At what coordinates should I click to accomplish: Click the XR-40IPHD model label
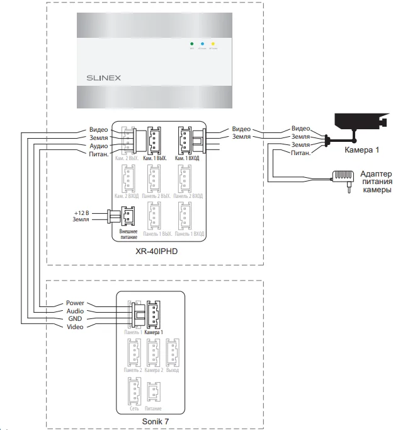click(x=157, y=252)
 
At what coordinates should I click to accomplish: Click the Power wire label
click(x=74, y=303)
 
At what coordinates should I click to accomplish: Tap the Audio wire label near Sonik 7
click(x=74, y=311)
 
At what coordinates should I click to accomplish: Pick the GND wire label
click(x=75, y=319)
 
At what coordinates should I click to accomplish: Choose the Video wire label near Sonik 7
click(x=74, y=327)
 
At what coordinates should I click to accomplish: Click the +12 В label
click(x=82, y=212)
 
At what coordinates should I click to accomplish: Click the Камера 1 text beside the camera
click(x=361, y=151)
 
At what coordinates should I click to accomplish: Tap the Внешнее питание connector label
click(x=128, y=235)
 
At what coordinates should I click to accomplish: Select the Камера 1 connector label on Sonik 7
click(x=153, y=332)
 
